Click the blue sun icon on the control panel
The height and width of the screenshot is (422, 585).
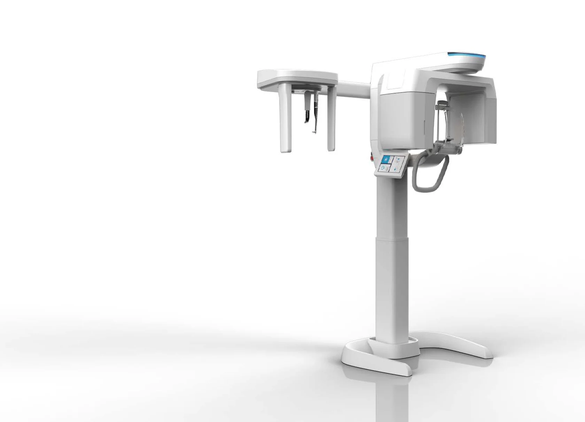385,159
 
